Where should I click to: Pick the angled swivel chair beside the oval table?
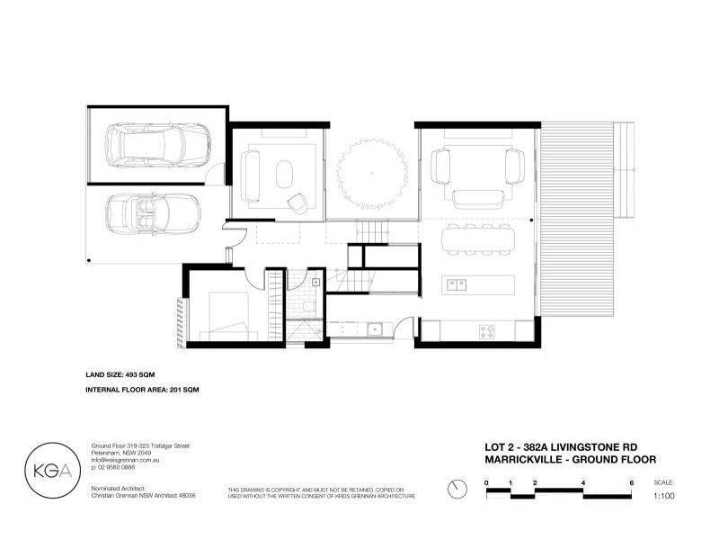pos(296,202)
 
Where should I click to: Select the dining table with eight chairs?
pos(477,239)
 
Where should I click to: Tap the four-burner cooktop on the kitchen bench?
pos(487,331)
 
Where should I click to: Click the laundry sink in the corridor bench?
pos(376,329)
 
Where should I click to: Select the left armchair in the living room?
pos(440,166)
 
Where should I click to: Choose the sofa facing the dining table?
pos(477,197)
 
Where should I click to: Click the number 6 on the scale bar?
pos(632,483)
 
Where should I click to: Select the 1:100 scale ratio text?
pos(663,496)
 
